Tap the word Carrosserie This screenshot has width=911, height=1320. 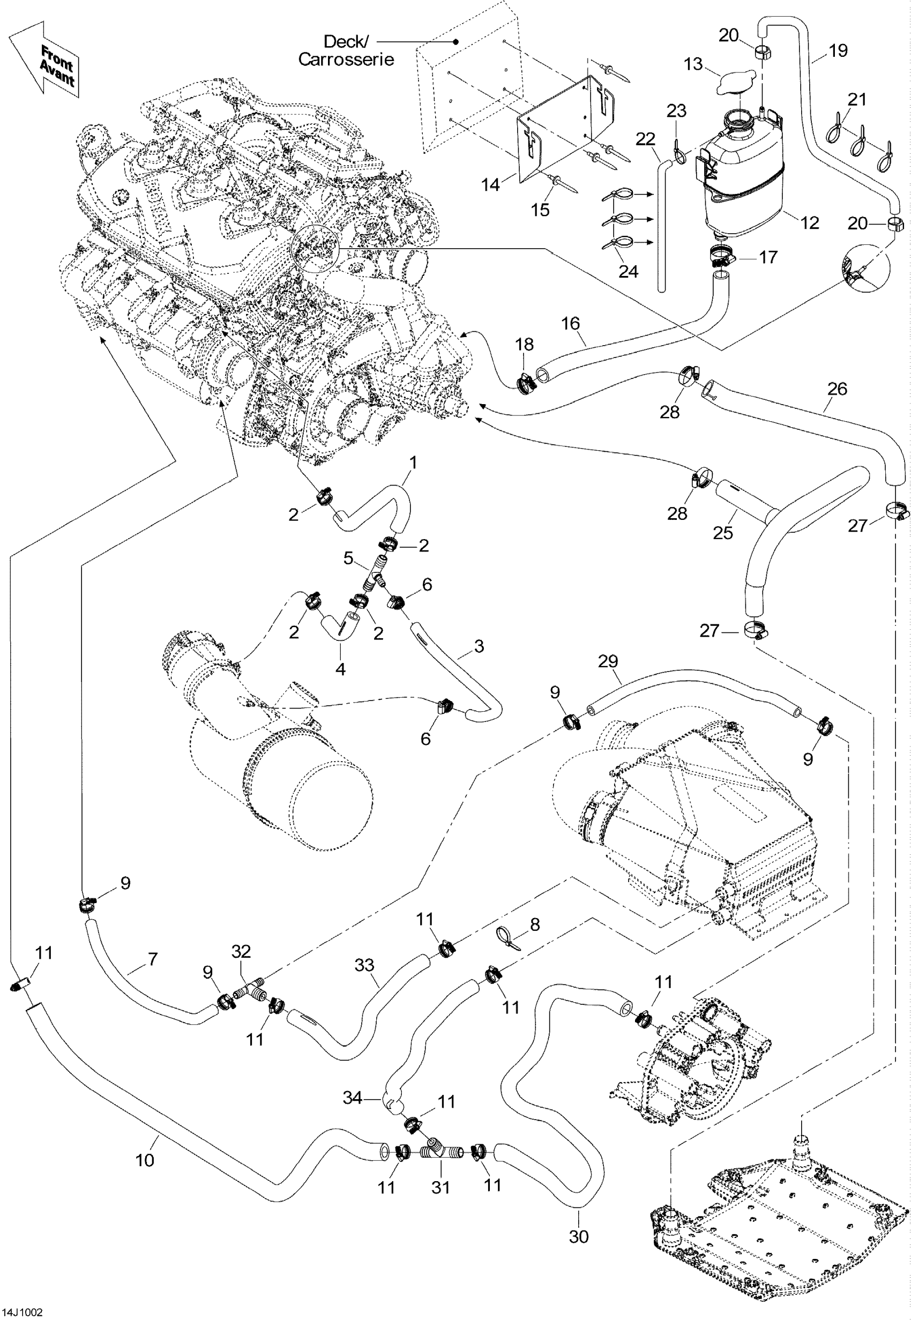(346, 59)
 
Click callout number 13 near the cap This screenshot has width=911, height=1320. (693, 63)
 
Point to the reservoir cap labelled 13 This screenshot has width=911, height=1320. (736, 83)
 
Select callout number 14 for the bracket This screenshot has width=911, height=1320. (490, 184)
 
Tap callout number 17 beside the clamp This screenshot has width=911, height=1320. (768, 257)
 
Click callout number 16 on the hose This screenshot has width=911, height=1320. (570, 324)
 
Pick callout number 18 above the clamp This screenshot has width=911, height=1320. (524, 344)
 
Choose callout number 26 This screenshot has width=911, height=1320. (837, 389)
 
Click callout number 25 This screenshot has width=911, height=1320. (722, 533)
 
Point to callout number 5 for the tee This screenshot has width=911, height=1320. (348, 557)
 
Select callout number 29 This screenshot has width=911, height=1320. (608, 661)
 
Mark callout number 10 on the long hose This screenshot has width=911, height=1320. (145, 1160)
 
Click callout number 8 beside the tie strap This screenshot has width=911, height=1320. (535, 924)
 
